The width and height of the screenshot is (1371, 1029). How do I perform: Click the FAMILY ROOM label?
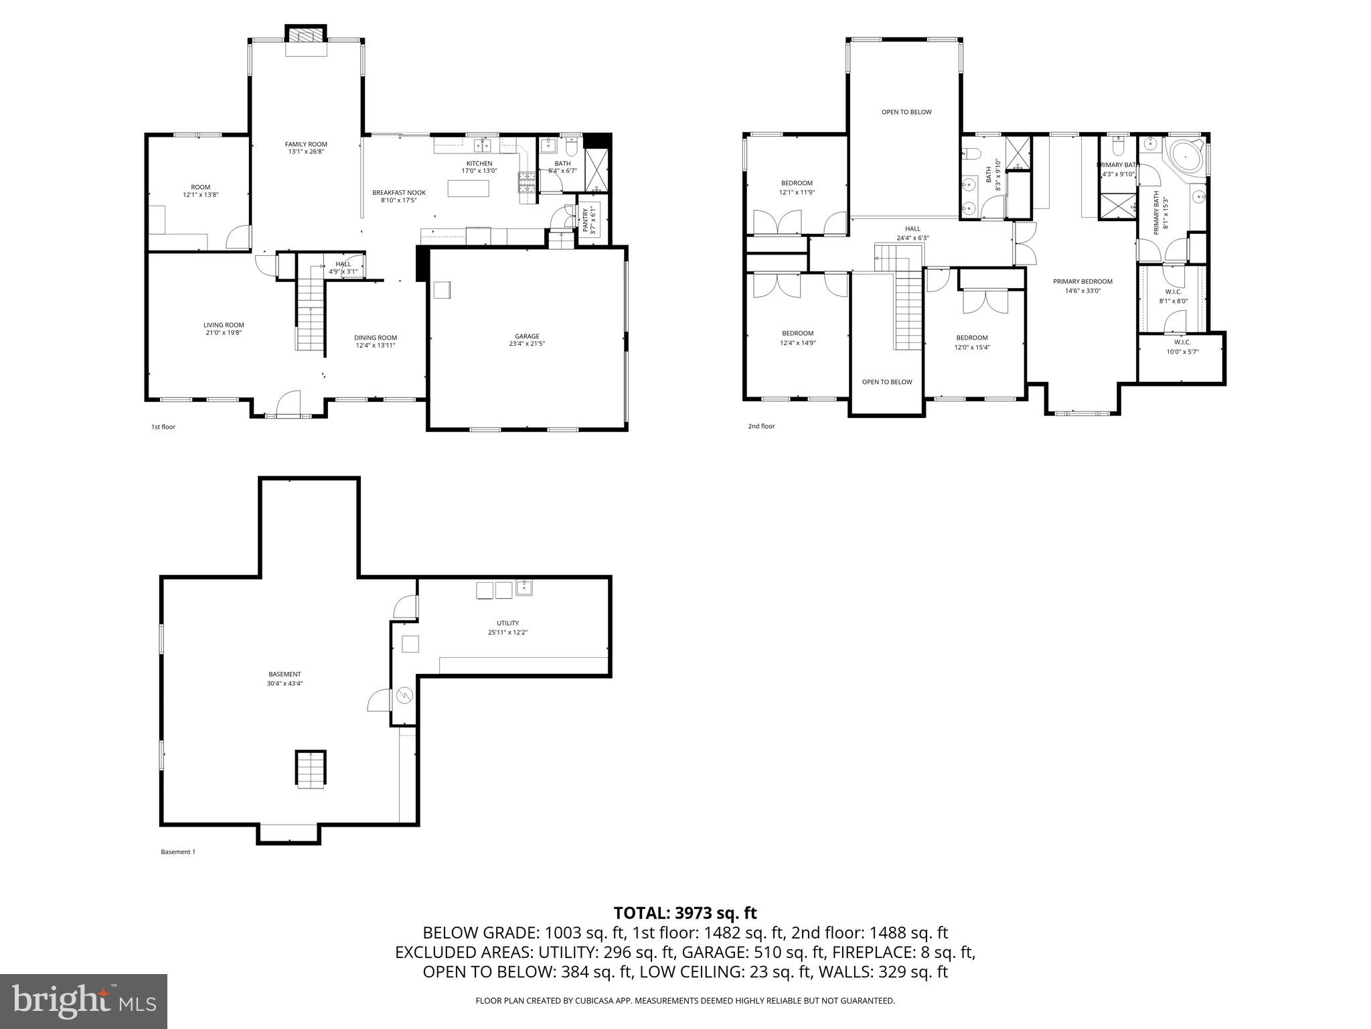click(306, 144)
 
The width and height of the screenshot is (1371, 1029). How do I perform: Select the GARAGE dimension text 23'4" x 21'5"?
click(527, 344)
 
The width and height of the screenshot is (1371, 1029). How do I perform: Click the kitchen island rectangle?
click(469, 189)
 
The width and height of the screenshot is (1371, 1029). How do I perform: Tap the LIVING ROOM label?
click(224, 325)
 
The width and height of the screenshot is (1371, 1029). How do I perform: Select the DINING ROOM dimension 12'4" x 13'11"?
click(376, 345)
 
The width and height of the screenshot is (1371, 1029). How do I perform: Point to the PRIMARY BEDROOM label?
click(1082, 281)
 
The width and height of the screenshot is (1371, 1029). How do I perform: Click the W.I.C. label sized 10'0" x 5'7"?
click(1182, 342)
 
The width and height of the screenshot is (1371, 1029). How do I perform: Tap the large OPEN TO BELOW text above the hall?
click(906, 112)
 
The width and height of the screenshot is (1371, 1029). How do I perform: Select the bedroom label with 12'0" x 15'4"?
click(971, 338)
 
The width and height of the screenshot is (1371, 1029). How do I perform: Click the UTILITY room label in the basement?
click(507, 623)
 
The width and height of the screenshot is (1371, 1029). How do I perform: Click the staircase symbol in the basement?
click(311, 768)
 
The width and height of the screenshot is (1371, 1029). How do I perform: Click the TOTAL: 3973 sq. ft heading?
click(685, 912)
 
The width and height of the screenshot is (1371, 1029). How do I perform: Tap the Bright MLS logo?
click(84, 1001)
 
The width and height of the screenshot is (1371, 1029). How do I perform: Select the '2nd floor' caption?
click(761, 426)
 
